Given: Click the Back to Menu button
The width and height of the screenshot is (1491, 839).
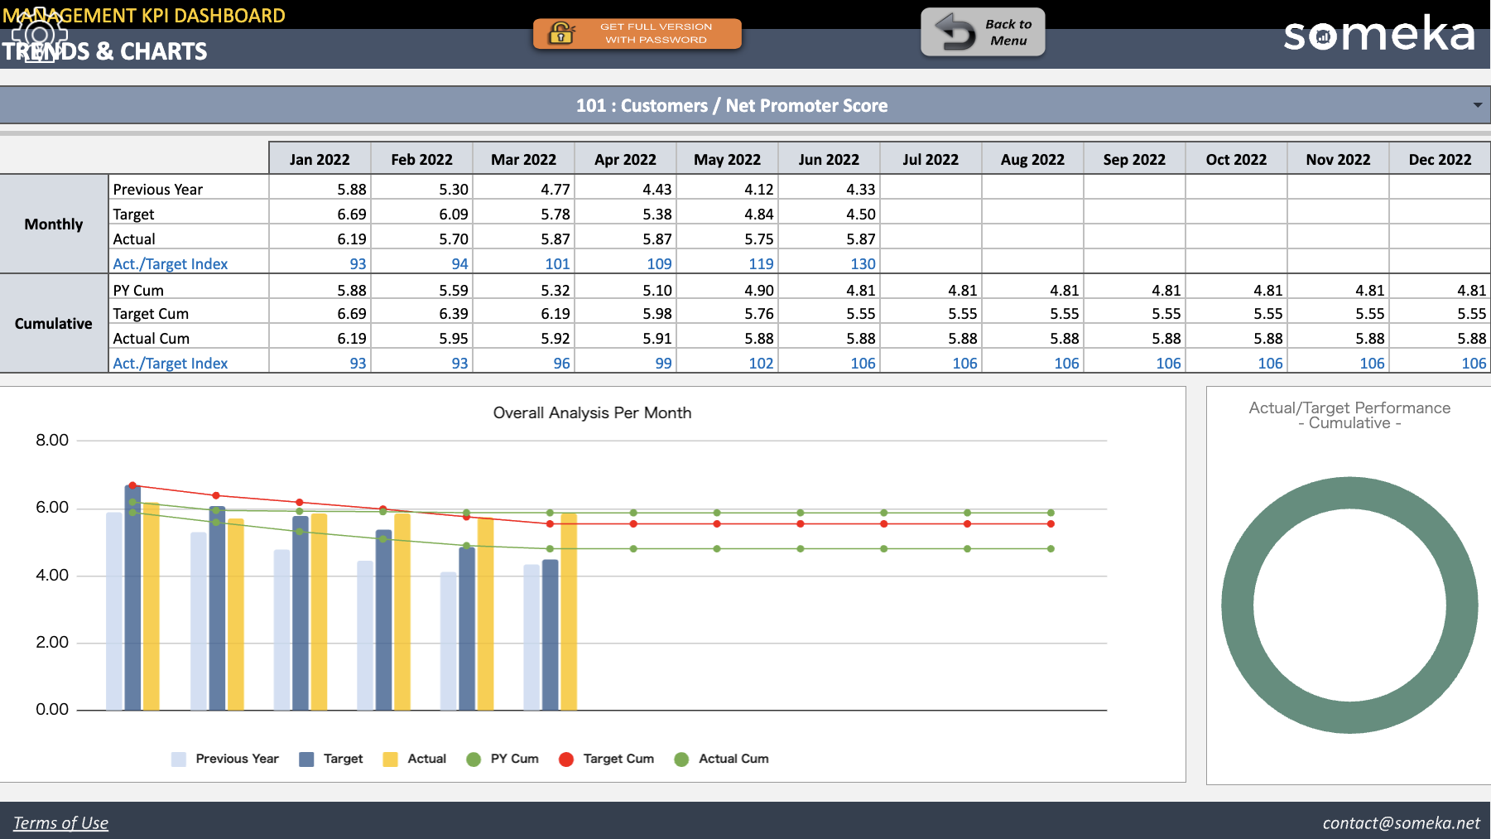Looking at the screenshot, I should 983,32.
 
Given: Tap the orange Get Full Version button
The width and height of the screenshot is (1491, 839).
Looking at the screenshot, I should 637,33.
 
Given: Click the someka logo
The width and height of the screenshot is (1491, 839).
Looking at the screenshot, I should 1378,35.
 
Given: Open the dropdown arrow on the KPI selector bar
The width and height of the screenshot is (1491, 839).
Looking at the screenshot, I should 1477,105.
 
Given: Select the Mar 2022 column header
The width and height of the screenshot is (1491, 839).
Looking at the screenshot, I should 523,159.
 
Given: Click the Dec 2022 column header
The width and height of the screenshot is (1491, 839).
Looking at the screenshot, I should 1440,159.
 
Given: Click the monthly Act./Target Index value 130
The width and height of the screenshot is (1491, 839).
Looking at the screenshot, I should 862,263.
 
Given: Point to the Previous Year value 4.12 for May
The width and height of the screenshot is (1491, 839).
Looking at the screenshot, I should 758,189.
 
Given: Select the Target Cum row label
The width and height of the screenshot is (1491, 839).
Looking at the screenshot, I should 152,314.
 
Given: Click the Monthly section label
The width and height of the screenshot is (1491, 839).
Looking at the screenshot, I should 54,224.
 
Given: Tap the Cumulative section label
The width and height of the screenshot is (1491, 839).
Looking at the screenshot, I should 54,324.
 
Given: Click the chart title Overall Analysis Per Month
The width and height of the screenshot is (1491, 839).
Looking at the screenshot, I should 592,412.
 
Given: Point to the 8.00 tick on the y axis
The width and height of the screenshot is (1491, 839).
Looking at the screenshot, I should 52,440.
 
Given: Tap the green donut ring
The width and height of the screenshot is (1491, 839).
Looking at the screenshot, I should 1238,605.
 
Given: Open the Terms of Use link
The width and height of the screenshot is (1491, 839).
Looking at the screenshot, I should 60,822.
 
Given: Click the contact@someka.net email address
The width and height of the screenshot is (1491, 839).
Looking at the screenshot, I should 1401,822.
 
